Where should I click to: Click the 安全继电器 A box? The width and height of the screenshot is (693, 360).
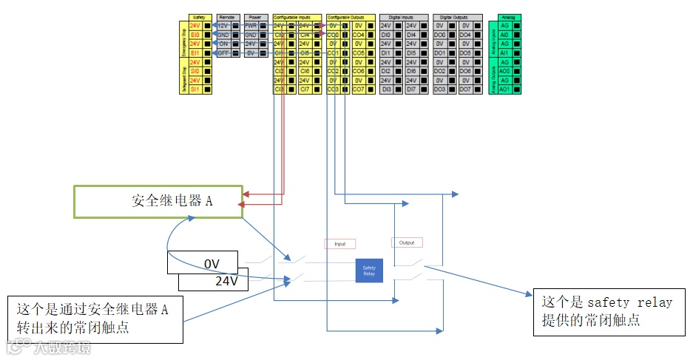[158, 201]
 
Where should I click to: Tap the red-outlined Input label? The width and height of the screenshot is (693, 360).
[339, 243]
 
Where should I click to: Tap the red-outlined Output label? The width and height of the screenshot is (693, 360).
[407, 242]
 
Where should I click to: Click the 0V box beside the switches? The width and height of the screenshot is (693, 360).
[212, 263]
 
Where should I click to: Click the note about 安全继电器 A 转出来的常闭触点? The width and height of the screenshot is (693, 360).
[95, 319]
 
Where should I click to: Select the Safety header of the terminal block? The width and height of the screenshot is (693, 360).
[197, 16]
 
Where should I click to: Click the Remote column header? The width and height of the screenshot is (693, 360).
[226, 16]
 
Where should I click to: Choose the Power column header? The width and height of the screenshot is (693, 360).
[254, 16]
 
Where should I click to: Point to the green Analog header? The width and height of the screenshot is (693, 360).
[508, 16]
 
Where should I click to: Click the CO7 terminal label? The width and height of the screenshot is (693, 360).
[358, 89]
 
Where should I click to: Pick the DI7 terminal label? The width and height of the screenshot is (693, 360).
[411, 89]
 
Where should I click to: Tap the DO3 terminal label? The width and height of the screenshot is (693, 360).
[439, 89]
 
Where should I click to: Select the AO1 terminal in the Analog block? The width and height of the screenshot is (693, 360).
[504, 89]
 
